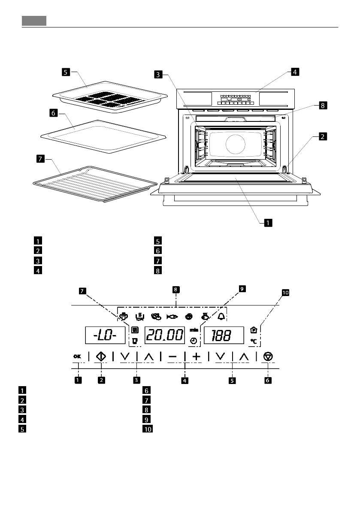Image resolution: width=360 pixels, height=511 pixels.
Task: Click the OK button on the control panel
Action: pyautogui.click(x=77, y=356)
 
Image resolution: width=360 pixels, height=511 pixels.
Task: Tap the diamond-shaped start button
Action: pyautogui.click(x=101, y=356)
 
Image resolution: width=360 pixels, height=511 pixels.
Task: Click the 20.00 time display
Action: pyautogui.click(x=164, y=335)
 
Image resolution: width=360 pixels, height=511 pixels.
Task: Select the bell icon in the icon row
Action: pyautogui.click(x=221, y=317)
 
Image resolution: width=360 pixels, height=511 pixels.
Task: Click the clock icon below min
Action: pyautogui.click(x=194, y=341)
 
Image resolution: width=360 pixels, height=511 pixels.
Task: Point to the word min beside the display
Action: pyautogui.click(x=194, y=330)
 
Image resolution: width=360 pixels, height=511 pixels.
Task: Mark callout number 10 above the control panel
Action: pyautogui.click(x=285, y=293)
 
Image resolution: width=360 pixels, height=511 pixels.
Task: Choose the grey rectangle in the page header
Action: pyautogui.click(x=34, y=21)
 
